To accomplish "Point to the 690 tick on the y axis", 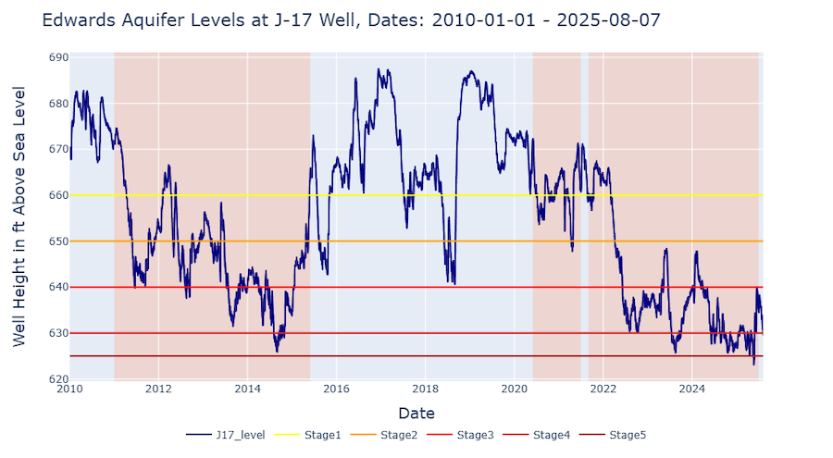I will click(57, 57).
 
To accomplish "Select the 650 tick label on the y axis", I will click(57, 241).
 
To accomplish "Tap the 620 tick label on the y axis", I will click(57, 379).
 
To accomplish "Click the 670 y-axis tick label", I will click(57, 149).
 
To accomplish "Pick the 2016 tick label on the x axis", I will click(336, 390).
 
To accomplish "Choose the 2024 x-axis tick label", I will click(692, 390).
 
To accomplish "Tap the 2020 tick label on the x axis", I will click(515, 390).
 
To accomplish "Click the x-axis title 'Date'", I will click(416, 413).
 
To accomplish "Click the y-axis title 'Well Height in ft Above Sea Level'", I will click(19, 217).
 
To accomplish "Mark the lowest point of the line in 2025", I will click(753, 364).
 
